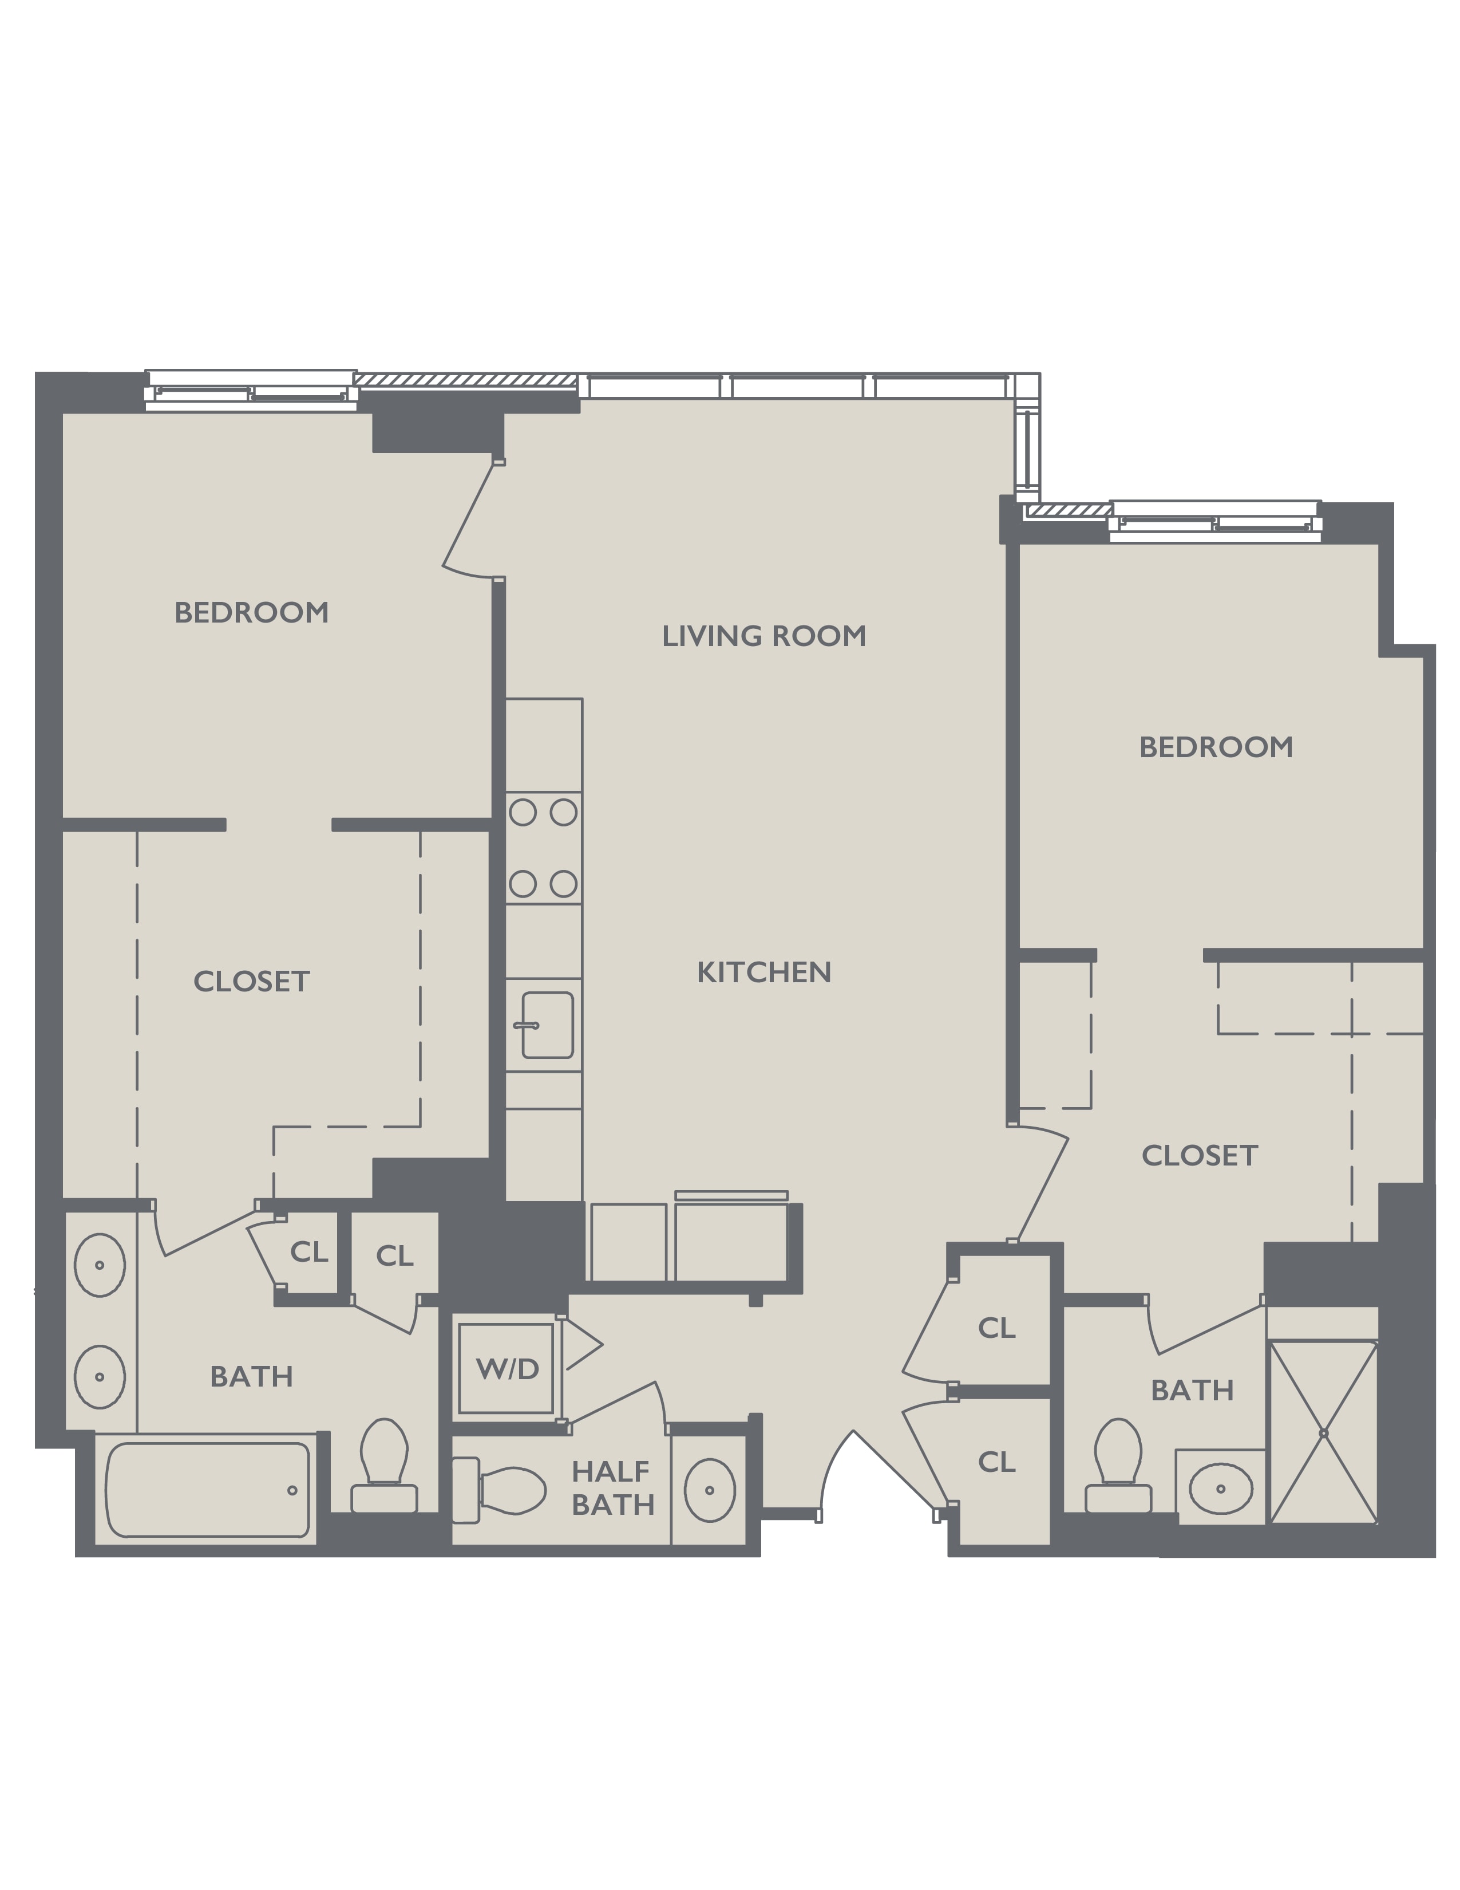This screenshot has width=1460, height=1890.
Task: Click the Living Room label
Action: (763, 636)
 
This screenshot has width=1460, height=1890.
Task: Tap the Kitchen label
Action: (763, 972)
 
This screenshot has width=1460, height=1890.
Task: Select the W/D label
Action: (507, 1368)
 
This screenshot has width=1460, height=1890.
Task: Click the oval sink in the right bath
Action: (1220, 1489)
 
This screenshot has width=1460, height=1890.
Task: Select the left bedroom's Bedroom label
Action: (252, 613)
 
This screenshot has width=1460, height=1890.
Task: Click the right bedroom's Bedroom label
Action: (1216, 747)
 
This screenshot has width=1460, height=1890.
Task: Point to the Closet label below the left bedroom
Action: (252, 981)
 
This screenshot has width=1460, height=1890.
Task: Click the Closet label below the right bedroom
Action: (1200, 1155)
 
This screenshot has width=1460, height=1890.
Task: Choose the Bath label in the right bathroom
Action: (1192, 1390)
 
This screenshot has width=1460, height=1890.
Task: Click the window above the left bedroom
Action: (251, 391)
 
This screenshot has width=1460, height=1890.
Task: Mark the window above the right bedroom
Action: (1215, 521)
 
